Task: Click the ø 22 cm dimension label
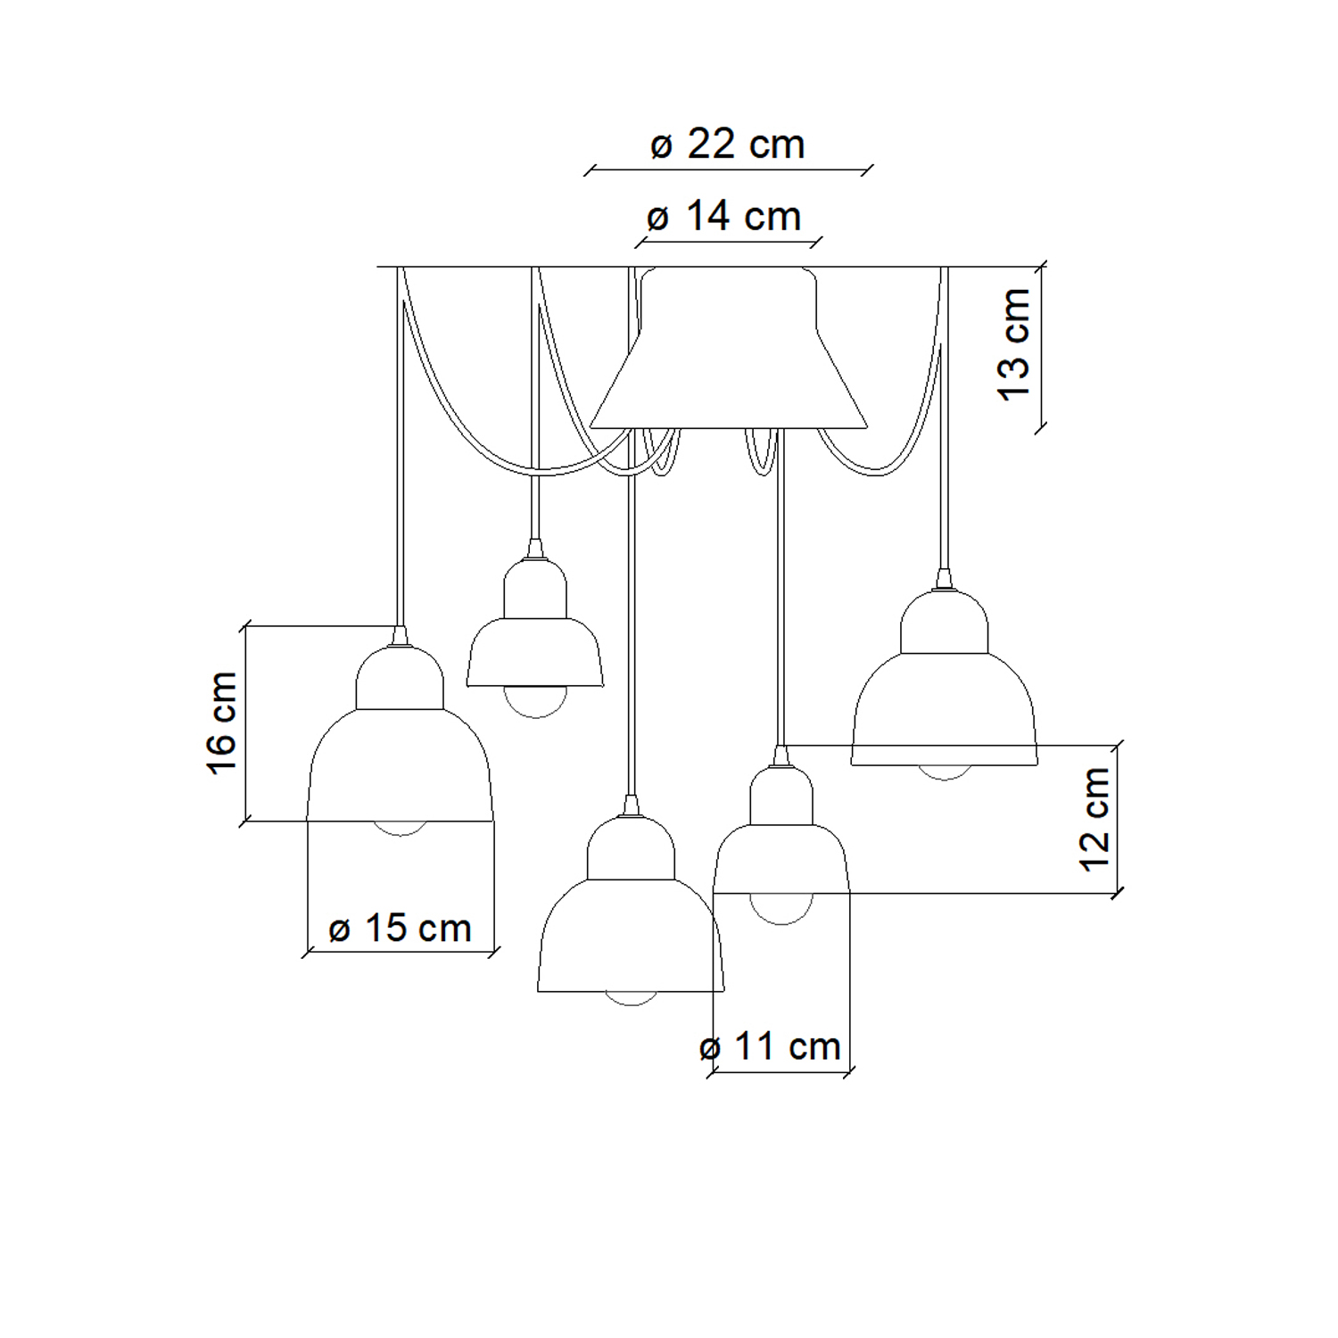(x=727, y=144)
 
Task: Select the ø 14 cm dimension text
(x=723, y=216)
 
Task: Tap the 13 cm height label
(x=1015, y=344)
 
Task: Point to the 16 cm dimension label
(x=222, y=723)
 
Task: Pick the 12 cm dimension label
(x=1094, y=819)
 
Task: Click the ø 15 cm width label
(x=400, y=929)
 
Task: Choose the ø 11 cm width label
(x=770, y=1046)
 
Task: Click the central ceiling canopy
(x=729, y=348)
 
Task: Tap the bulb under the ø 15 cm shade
(x=400, y=829)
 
